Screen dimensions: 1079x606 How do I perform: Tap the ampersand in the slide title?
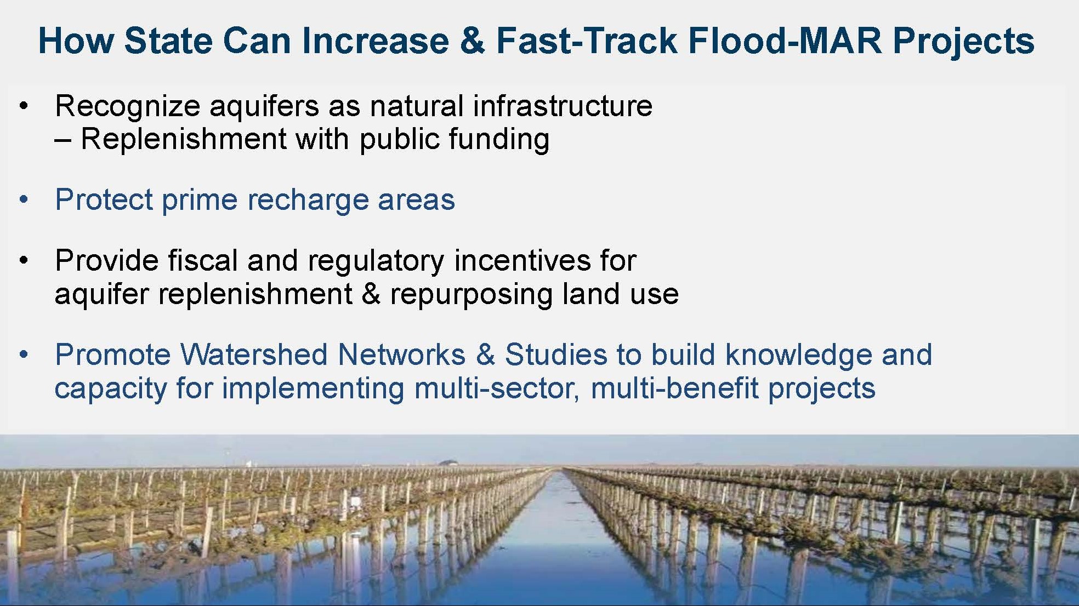472,41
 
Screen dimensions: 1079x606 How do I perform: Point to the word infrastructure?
563,105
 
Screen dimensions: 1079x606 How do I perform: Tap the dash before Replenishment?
63,141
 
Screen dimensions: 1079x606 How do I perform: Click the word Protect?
104,199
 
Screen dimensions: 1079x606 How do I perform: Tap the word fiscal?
203,260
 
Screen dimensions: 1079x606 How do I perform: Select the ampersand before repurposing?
371,294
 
